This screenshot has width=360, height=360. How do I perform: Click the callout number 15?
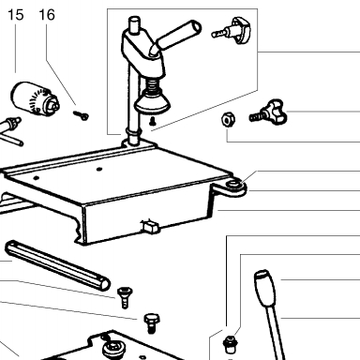16,15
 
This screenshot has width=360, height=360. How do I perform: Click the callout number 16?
47,15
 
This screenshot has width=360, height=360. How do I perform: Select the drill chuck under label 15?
35,98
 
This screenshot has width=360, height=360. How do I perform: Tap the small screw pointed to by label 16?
81,115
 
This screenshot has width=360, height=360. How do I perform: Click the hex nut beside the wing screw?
229,120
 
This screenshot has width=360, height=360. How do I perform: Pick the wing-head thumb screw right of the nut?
268,112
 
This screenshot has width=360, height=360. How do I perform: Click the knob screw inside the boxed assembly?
232,30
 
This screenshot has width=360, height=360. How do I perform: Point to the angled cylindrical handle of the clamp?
176,36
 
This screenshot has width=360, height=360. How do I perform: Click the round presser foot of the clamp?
152,103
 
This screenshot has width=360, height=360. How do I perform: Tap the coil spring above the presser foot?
151,83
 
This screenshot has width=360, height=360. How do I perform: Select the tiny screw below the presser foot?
153,121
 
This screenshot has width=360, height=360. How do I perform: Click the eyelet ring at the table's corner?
234,185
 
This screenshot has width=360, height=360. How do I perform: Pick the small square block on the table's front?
150,226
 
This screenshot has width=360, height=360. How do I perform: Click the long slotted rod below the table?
57,265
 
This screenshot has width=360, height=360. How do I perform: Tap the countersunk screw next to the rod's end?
125,298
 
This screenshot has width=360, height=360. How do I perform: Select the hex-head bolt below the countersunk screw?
152,323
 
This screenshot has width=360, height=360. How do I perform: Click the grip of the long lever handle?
265,288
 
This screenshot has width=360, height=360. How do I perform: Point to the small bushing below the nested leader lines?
230,344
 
